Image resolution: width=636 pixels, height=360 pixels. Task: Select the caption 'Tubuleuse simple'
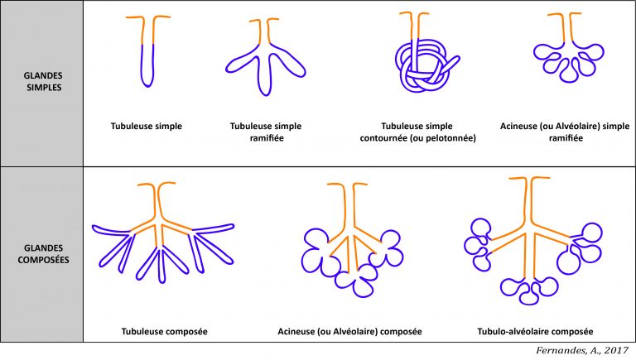[147, 127]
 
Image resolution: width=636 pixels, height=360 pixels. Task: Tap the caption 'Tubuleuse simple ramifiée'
[265, 132]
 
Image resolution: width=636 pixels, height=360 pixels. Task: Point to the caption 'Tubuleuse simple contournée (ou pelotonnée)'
[423, 132]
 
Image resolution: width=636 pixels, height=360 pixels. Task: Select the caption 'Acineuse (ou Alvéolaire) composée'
[350, 332]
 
